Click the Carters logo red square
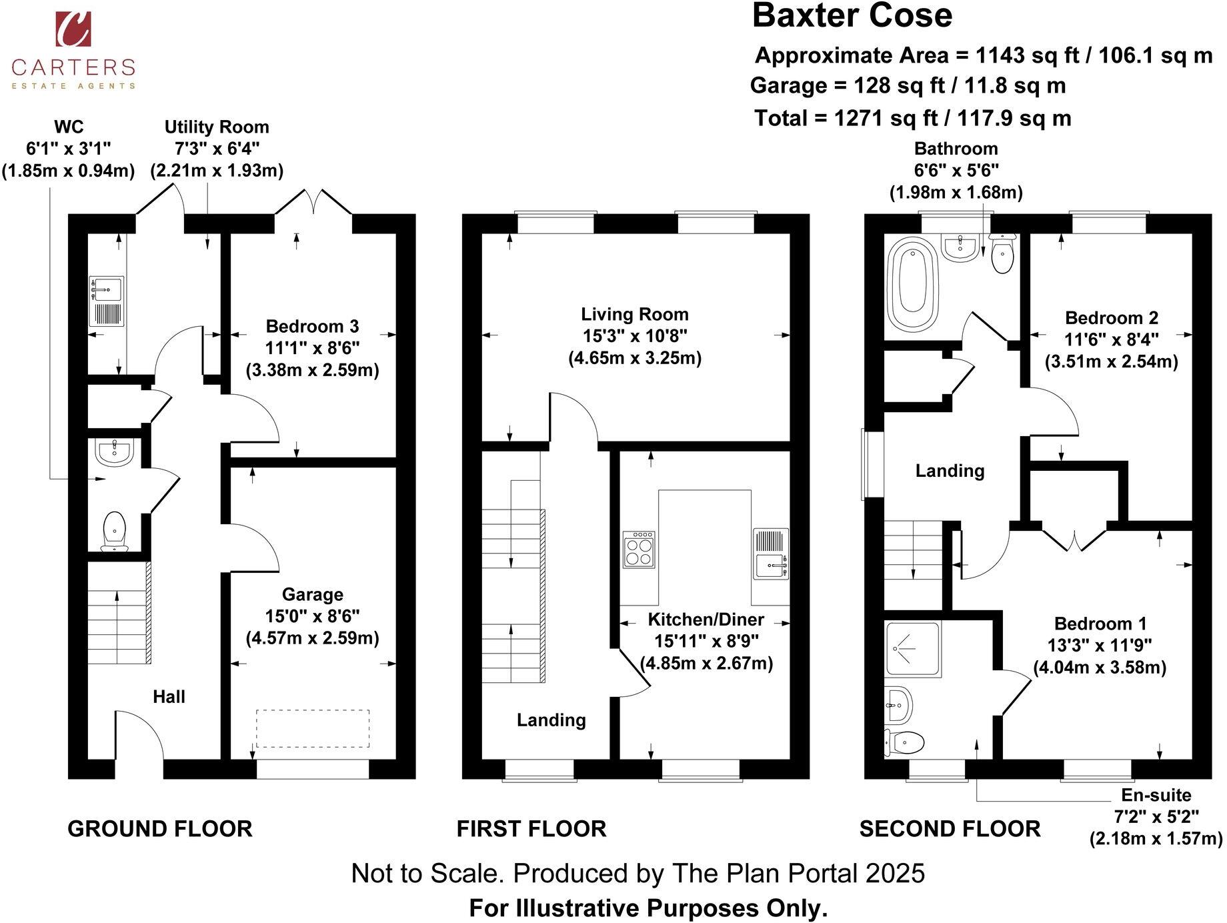click(73, 29)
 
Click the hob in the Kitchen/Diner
click(639, 549)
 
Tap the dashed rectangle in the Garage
click(313, 728)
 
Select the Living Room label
click(634, 314)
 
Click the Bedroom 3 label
click(312, 326)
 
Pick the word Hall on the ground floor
click(169, 697)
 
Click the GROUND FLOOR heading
click(160, 829)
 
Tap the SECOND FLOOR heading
click(950, 829)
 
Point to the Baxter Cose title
click(852, 16)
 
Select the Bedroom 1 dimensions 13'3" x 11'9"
click(1100, 646)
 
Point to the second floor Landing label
click(950, 471)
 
